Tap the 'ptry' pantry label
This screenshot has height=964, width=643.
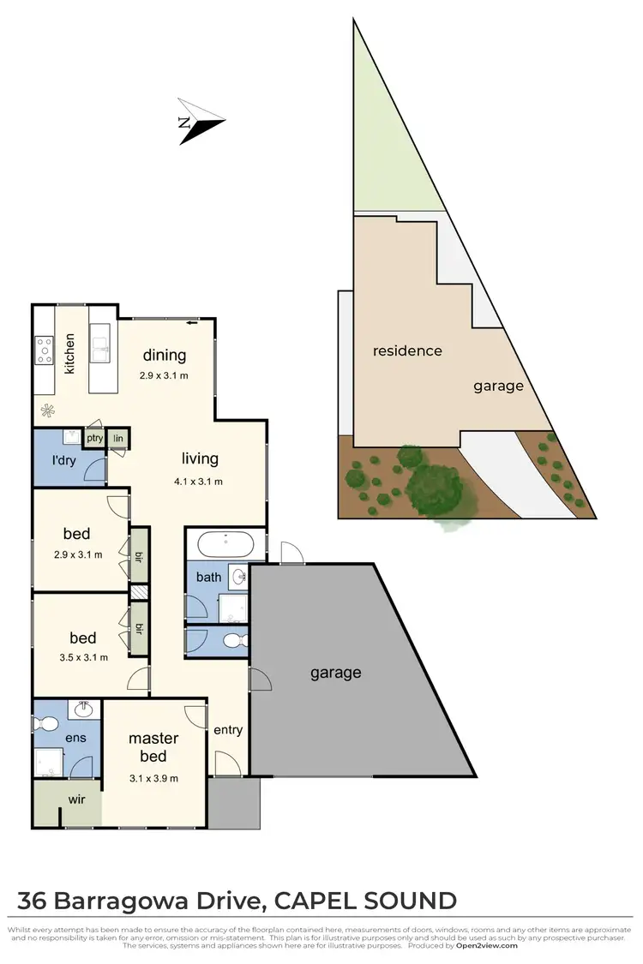tap(94, 439)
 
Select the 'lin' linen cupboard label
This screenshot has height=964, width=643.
tap(118, 439)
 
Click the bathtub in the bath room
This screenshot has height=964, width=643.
tap(225, 544)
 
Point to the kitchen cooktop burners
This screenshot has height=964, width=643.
tap(45, 350)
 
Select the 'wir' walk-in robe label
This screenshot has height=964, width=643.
tap(79, 801)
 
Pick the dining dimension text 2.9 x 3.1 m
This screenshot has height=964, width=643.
tap(164, 375)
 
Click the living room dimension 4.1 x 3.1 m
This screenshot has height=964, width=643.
tap(199, 481)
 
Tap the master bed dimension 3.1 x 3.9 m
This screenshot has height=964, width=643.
tap(153, 778)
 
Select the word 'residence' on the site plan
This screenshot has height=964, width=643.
tap(407, 350)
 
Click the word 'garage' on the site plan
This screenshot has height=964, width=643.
tap(498, 386)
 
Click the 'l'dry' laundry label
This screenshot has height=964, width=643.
tap(64, 461)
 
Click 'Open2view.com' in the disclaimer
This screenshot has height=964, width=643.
tap(486, 946)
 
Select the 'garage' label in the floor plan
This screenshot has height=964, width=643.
tap(335, 673)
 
